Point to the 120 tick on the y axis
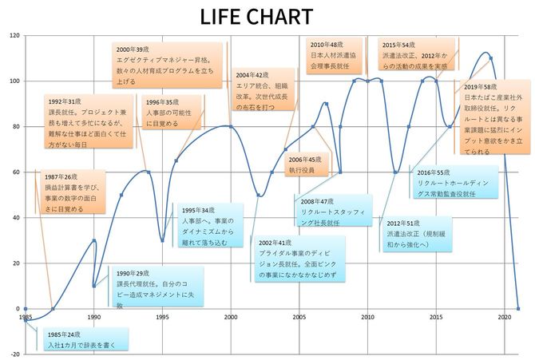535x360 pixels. click(x=14, y=36)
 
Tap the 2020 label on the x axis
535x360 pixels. click(x=505, y=317)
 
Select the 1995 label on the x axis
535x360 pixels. click(x=162, y=317)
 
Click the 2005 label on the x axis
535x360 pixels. click(x=299, y=317)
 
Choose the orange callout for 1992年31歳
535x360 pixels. click(x=86, y=123)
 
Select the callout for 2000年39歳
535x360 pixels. click(x=168, y=65)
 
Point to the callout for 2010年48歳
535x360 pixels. click(x=334, y=51)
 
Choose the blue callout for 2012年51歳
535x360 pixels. click(x=420, y=233)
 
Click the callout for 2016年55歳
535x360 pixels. click(x=455, y=181)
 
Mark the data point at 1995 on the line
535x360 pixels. click(x=162, y=240)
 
